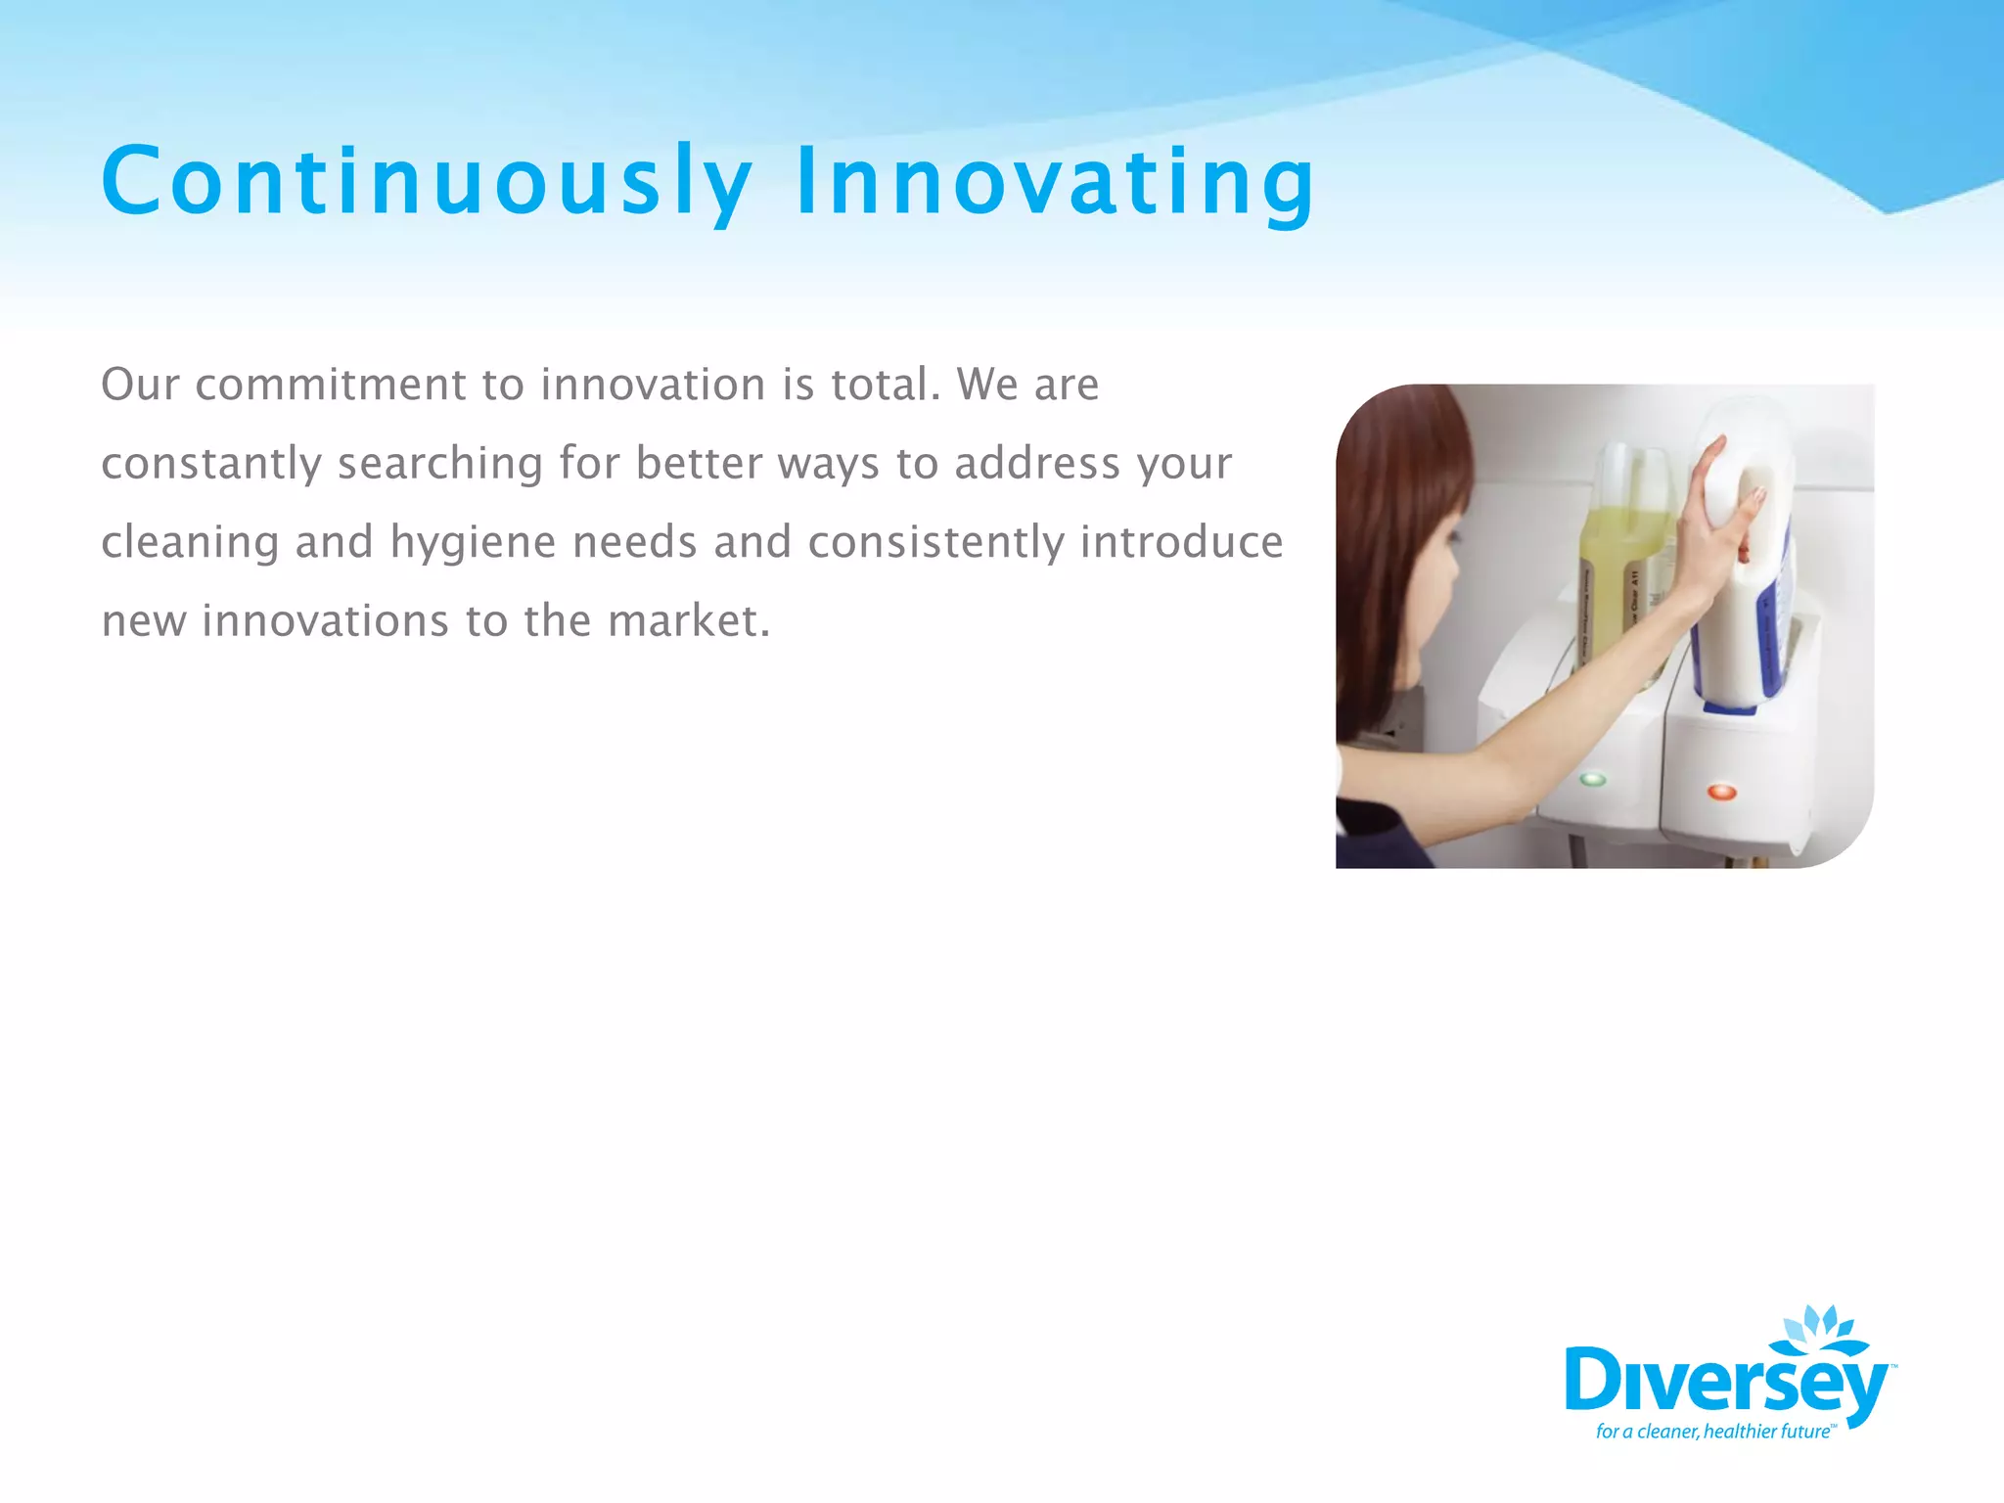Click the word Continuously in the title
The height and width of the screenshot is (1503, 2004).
(427, 182)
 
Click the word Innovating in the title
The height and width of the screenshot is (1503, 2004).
(1055, 182)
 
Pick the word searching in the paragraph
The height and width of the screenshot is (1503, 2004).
(439, 464)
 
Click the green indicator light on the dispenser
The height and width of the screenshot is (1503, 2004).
(1593, 780)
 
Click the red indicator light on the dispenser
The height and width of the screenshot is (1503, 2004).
(1721, 792)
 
